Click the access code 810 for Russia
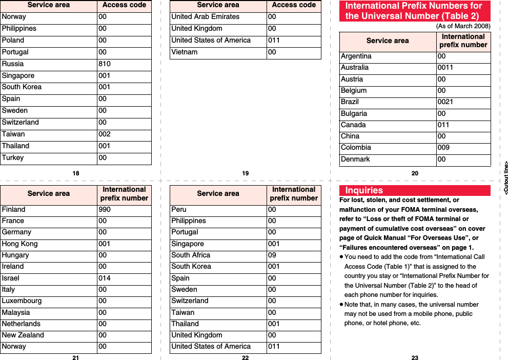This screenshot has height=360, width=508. pyautogui.click(x=105, y=64)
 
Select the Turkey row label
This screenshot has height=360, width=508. pyautogui.click(x=13, y=157)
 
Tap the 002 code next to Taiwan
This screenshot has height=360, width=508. pyautogui.click(x=105, y=134)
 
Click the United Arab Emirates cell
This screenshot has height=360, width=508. pyautogui.click(x=205, y=16)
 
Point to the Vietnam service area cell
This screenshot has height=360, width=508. pyautogui.click(x=184, y=52)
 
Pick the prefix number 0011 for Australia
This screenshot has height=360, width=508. pyautogui.click(x=445, y=67)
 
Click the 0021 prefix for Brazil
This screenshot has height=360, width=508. pyautogui.click(x=445, y=102)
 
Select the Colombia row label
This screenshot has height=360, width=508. pyautogui.click(x=356, y=147)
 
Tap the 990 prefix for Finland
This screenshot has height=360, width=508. pyautogui.click(x=105, y=209)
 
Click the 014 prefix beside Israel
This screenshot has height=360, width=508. pyautogui.click(x=105, y=278)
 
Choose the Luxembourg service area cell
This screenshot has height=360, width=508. pyautogui.click(x=22, y=301)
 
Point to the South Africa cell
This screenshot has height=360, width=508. pyautogui.click(x=191, y=255)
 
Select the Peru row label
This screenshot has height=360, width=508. pyautogui.click(x=179, y=209)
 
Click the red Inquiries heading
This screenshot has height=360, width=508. pyautogui.click(x=364, y=190)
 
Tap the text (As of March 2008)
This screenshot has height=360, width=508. pyautogui.click(x=463, y=26)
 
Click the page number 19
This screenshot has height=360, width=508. pyautogui.click(x=245, y=173)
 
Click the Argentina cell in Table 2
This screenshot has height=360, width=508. pyautogui.click(x=356, y=56)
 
